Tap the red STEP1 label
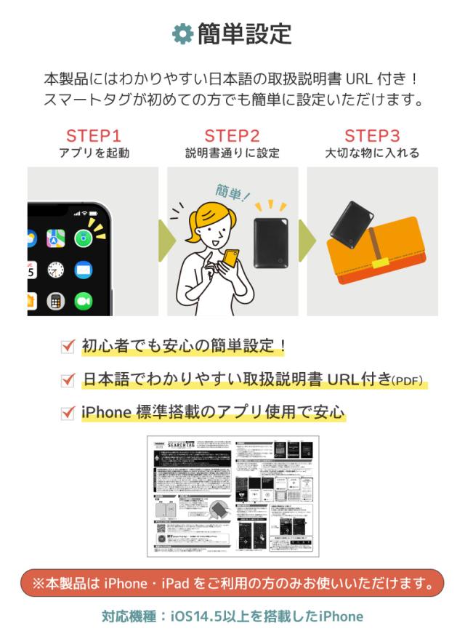click(94, 136)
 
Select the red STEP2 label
click(232, 136)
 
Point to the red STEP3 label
click(372, 136)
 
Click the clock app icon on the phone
click(56, 270)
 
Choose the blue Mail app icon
click(84, 270)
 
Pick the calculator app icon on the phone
click(55, 300)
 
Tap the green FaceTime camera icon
click(83, 300)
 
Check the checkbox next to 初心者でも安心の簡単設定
click(68, 347)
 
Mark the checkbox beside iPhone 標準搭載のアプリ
click(68, 413)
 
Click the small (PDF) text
click(407, 381)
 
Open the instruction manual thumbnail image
click(232, 496)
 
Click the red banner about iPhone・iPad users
click(232, 583)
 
